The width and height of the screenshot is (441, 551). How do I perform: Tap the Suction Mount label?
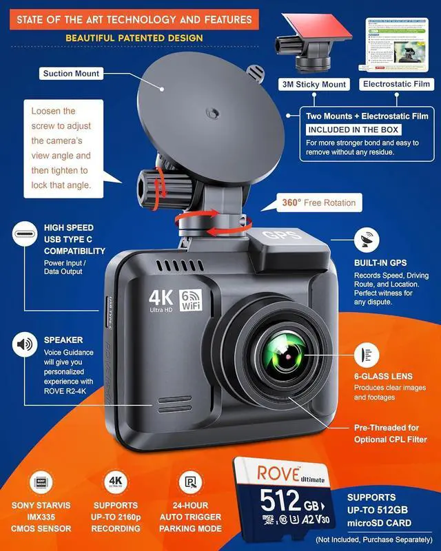[x=71, y=74]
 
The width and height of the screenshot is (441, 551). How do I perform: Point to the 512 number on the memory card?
[x=278, y=498]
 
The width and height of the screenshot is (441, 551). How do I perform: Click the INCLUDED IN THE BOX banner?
[x=353, y=129]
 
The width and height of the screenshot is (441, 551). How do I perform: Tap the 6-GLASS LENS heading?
[x=383, y=376]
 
